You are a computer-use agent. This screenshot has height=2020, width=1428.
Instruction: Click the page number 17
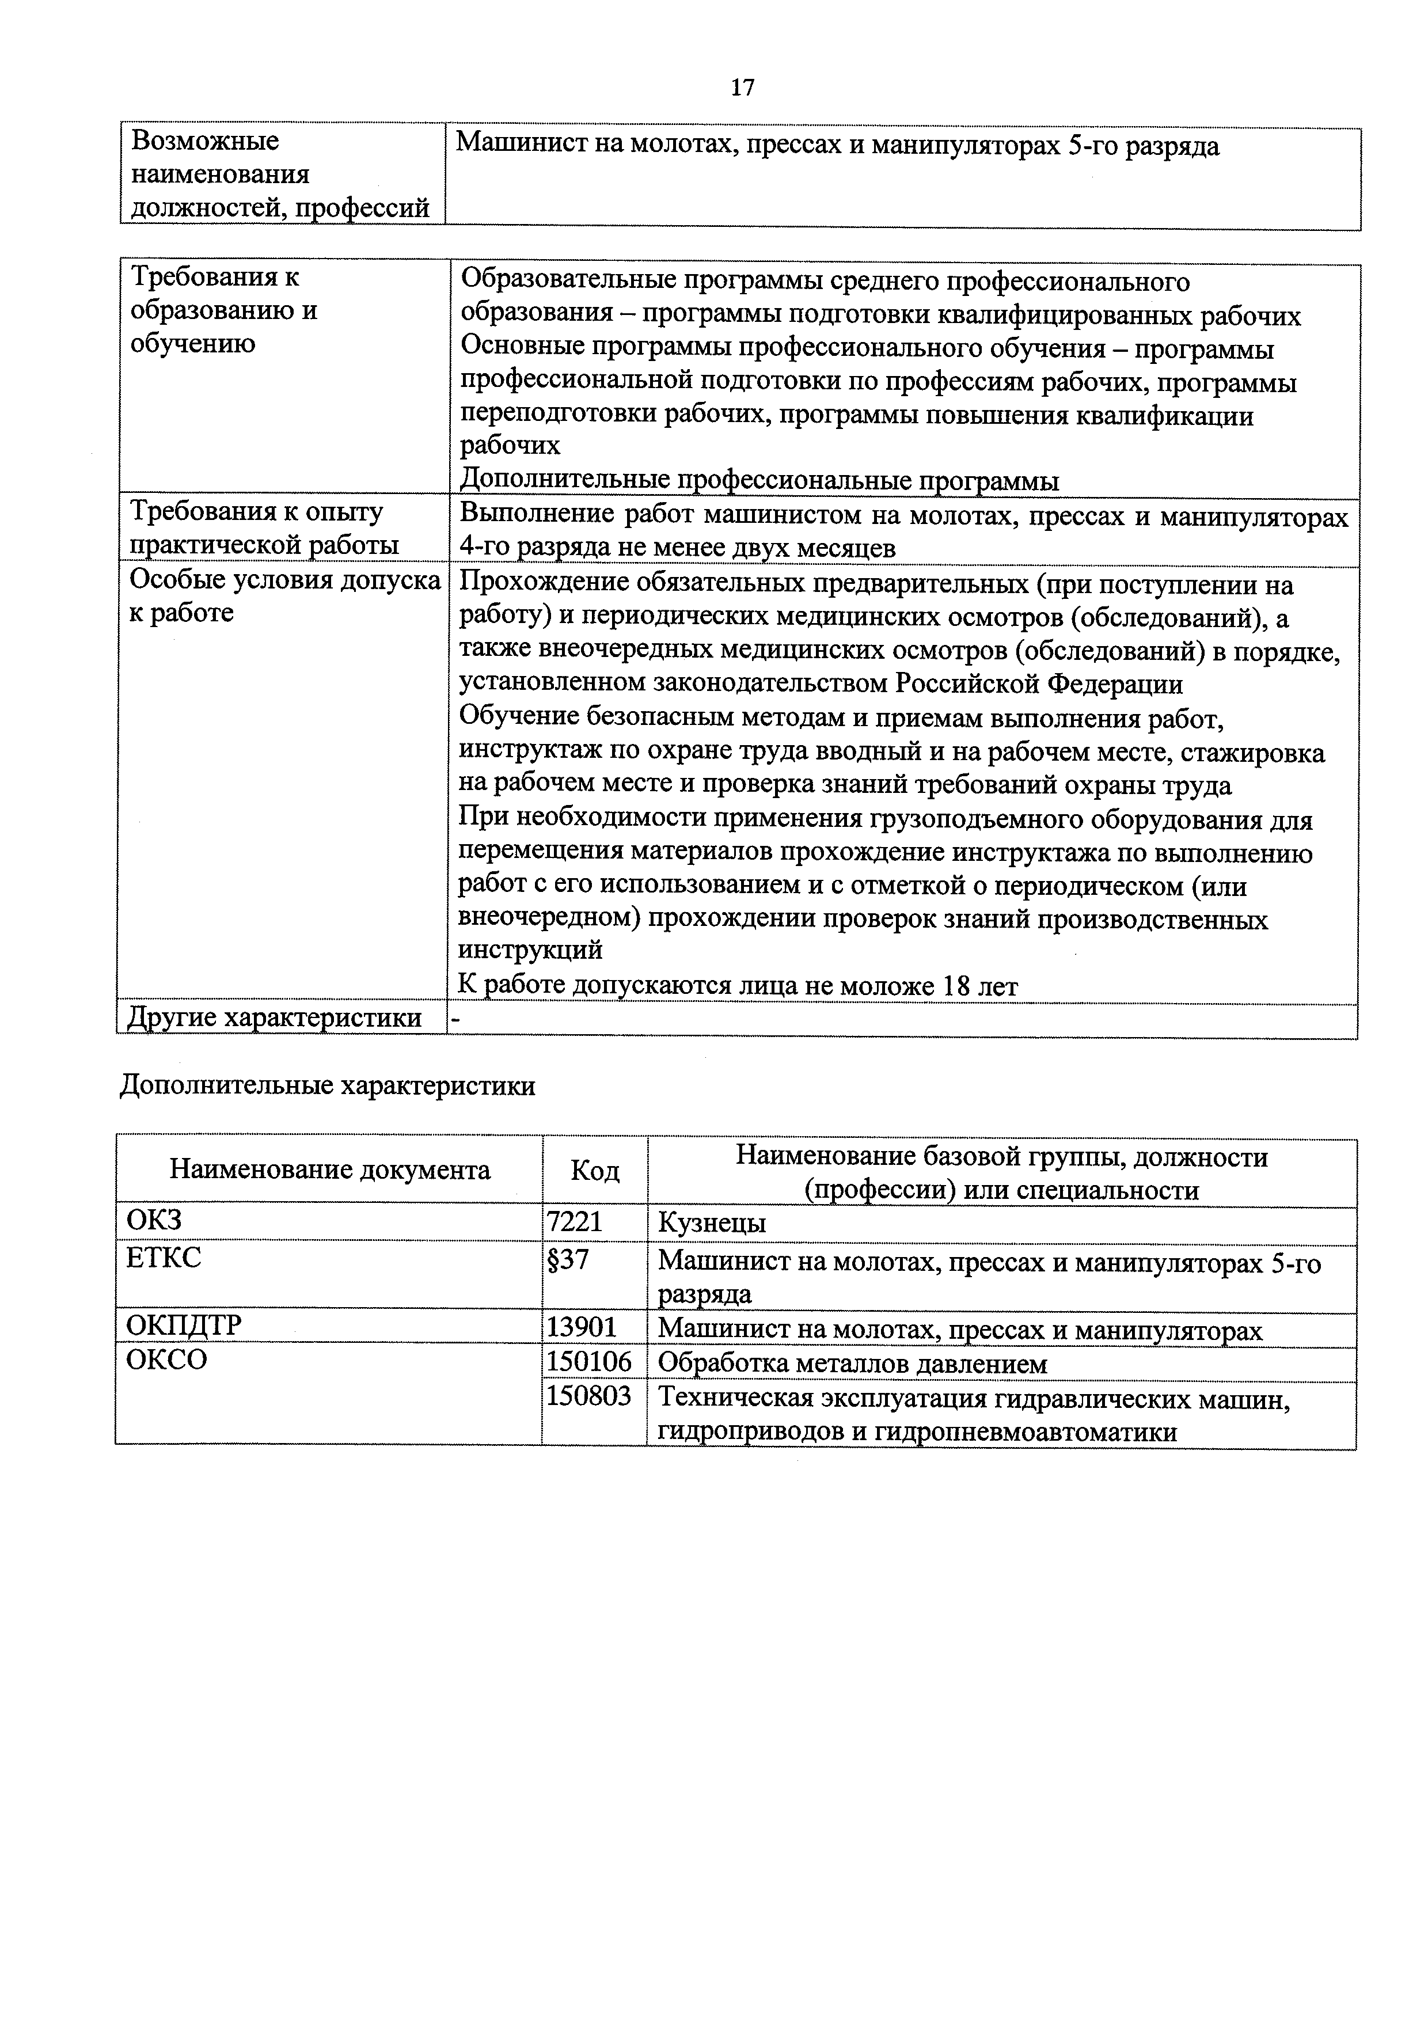pyautogui.click(x=742, y=87)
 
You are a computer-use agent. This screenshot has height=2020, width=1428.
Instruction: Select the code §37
pyautogui.click(x=568, y=1260)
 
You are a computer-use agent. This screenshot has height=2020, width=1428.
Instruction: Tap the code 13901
pyautogui.click(x=582, y=1327)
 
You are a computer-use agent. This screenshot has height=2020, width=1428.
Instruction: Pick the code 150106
pyautogui.click(x=588, y=1362)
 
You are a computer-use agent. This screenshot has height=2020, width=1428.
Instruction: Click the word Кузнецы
pyautogui.click(x=712, y=1224)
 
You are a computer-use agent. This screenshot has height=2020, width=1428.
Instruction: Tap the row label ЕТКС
pyautogui.click(x=164, y=1258)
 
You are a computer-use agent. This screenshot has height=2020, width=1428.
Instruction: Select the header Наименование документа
pyautogui.click(x=330, y=1170)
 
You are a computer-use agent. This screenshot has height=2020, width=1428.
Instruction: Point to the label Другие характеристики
pyautogui.click(x=275, y=1018)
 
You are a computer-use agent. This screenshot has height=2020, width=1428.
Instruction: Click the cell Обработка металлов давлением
pyautogui.click(x=853, y=1364)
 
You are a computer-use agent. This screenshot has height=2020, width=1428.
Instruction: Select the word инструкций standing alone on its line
pyautogui.click(x=530, y=950)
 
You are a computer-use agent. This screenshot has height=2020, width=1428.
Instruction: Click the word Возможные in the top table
pyautogui.click(x=205, y=141)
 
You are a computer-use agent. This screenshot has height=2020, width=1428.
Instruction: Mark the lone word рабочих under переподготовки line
pyautogui.click(x=510, y=446)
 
